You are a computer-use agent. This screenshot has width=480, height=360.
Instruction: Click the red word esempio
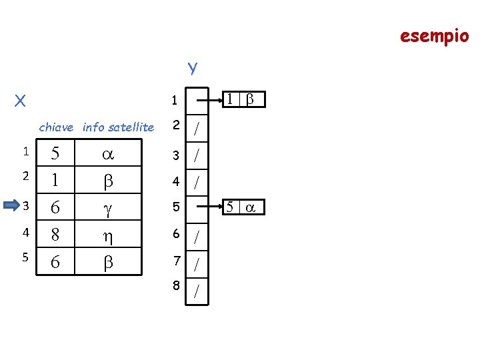(x=434, y=35)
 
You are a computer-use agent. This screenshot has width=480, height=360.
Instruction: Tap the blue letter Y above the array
(x=192, y=68)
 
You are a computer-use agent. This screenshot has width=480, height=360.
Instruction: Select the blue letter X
(x=20, y=101)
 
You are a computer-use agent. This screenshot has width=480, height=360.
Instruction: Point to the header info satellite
(x=118, y=127)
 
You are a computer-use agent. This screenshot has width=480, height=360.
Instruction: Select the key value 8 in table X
(x=55, y=235)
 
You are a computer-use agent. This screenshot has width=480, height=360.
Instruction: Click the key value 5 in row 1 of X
(x=55, y=153)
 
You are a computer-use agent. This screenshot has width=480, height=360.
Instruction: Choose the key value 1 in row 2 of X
(x=55, y=181)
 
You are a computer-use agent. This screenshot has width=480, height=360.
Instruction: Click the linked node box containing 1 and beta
(x=243, y=99)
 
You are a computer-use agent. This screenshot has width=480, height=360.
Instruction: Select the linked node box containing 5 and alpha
(x=243, y=207)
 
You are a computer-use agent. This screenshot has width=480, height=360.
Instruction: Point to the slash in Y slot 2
(x=197, y=129)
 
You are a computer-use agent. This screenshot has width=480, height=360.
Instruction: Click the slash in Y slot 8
(x=197, y=291)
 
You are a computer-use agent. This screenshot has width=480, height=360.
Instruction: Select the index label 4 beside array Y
(x=175, y=181)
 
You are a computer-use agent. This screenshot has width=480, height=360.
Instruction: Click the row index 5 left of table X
(x=25, y=261)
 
